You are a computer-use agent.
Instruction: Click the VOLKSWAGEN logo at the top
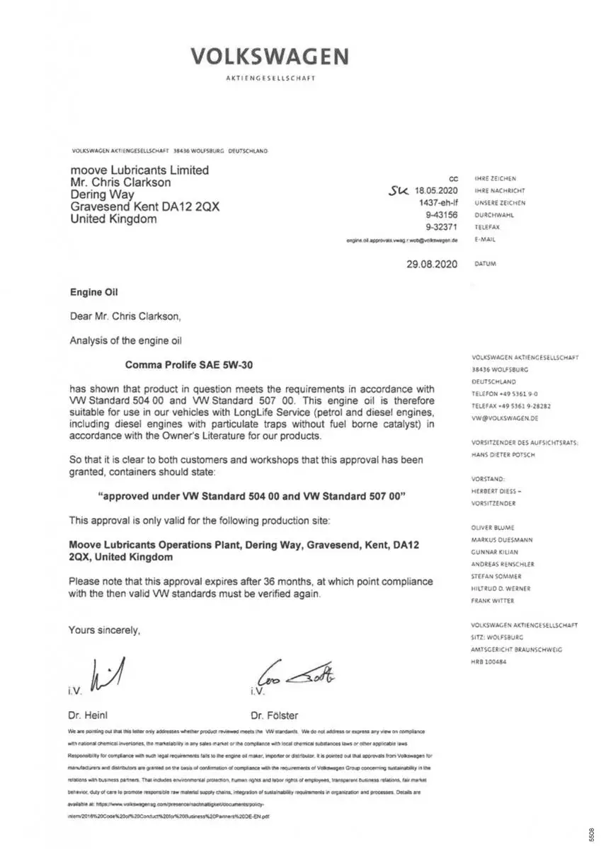[x=269, y=57]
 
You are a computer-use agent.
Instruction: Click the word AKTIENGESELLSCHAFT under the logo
[x=270, y=78]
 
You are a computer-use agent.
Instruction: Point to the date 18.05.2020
[x=437, y=190]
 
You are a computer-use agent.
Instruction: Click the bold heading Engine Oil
[x=96, y=291]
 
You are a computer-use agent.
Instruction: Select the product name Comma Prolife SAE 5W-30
[x=188, y=365]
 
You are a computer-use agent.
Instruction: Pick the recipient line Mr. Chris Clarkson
[x=120, y=182]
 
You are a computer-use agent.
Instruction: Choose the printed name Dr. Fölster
[x=274, y=715]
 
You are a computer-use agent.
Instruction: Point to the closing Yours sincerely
[x=104, y=630]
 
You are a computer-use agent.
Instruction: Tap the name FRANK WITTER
[x=493, y=601]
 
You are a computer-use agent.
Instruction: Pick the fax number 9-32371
[x=441, y=227]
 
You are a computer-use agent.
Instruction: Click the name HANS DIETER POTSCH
[x=503, y=455]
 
